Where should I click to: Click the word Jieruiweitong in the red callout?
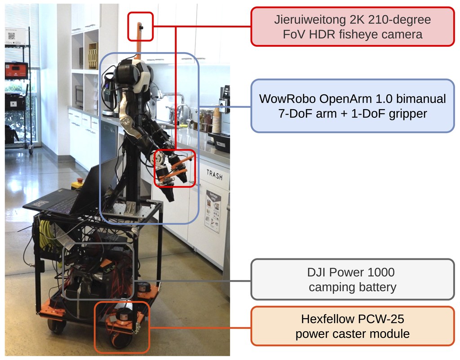click(x=310, y=20)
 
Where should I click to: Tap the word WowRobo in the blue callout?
click(x=287, y=98)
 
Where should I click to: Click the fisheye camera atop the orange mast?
click(x=141, y=27)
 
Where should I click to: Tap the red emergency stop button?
click(x=79, y=180)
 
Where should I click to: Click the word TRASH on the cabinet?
click(x=214, y=174)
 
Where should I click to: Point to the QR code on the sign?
click(x=11, y=36)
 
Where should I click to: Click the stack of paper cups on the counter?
click(x=216, y=120)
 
